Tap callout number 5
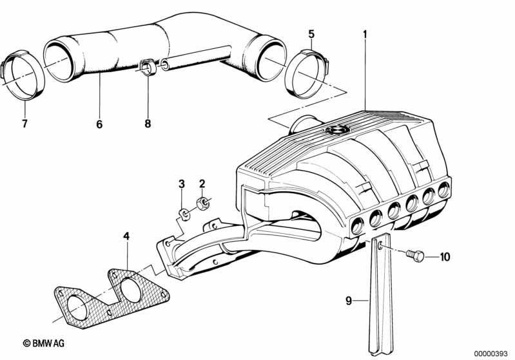(311, 33)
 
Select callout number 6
(99, 124)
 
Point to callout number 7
(24, 124)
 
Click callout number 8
(148, 124)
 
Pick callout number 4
(126, 236)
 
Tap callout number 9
(349, 301)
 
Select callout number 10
(445, 257)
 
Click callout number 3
(182, 184)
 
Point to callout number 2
(202, 184)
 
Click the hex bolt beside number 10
(415, 255)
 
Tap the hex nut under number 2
(202, 204)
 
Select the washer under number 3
(184, 214)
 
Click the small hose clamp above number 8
(147, 66)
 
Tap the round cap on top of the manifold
(336, 130)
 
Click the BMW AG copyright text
(44, 343)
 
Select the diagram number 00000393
(491, 354)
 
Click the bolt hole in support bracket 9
(380, 245)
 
